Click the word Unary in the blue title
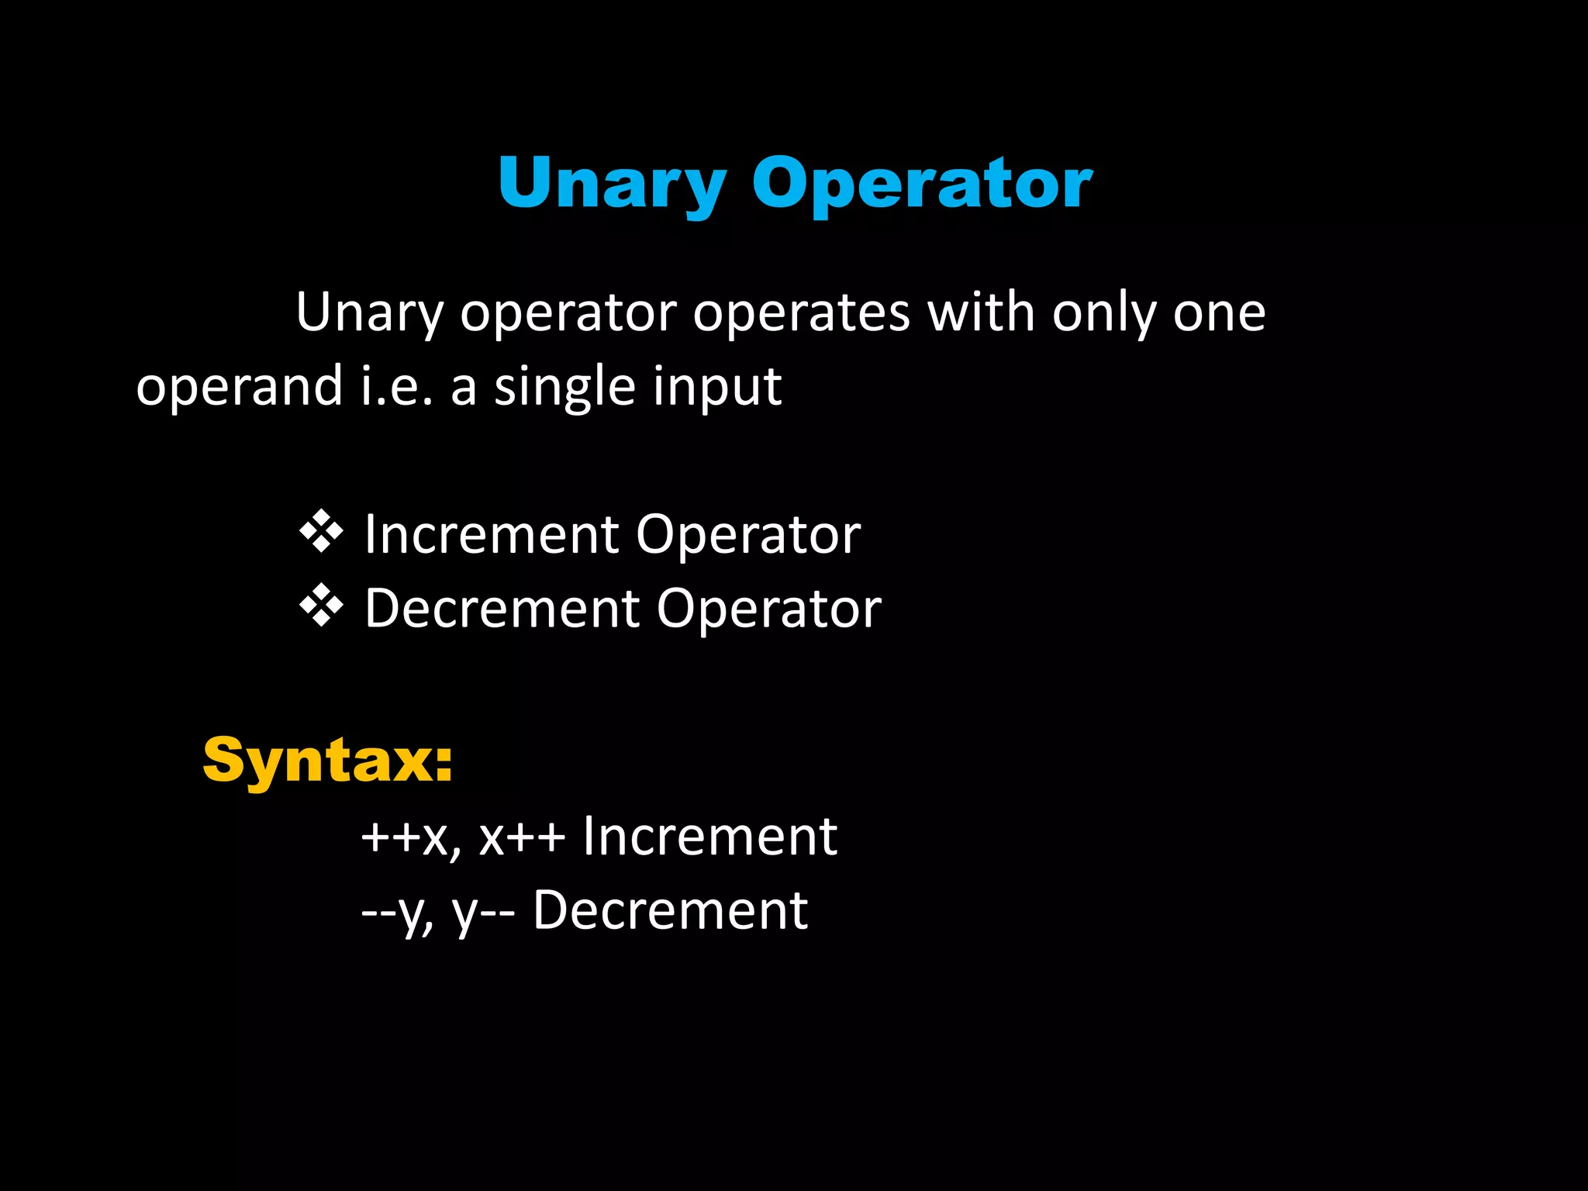pos(612,183)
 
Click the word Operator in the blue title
pos(922,183)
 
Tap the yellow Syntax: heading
pos(327,761)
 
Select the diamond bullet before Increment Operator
pos(321,533)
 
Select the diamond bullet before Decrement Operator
pos(321,606)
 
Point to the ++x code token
pos(411,837)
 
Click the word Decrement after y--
pos(670,910)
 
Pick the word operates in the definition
pos(801,313)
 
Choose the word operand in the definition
pos(239,386)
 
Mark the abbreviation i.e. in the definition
pos(396,386)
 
